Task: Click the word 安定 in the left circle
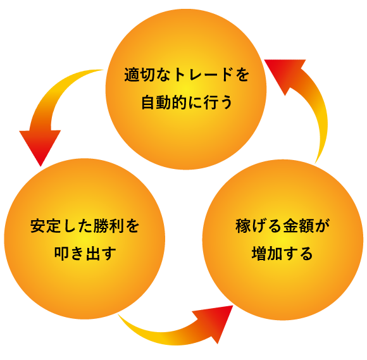coord(43,226)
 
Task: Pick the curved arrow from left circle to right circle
coord(165,332)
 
